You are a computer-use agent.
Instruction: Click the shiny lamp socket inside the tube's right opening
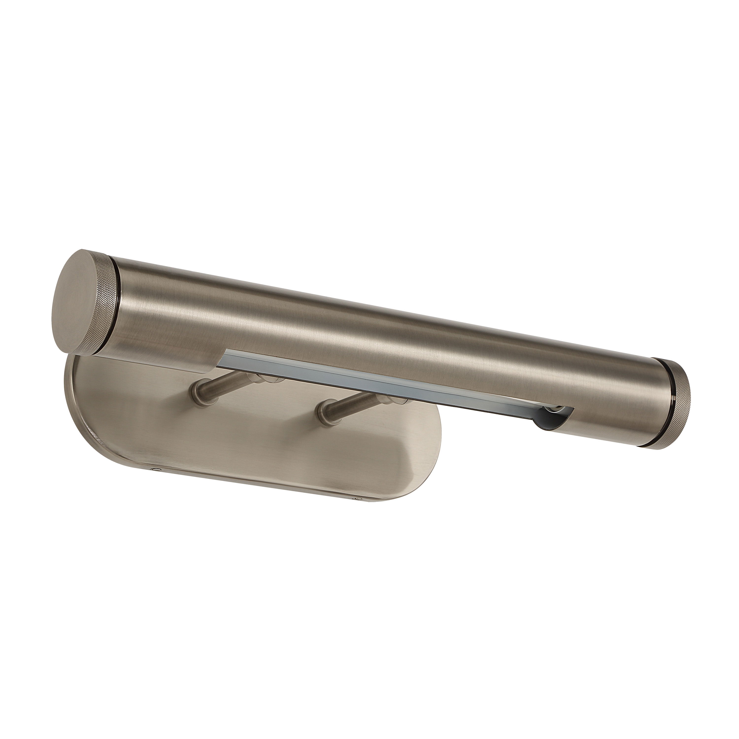coord(551,411)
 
